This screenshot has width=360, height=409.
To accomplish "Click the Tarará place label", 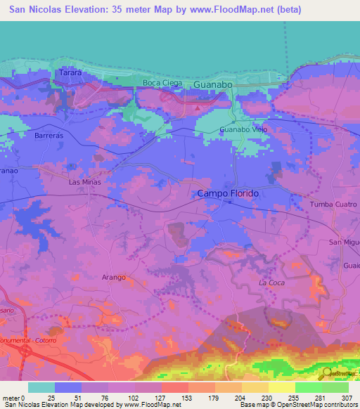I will coord(71,72).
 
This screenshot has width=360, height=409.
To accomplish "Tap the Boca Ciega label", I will coord(162,83).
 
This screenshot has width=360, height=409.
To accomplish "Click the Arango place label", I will coord(113,277).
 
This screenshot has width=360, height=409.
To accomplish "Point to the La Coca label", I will coord(271,283).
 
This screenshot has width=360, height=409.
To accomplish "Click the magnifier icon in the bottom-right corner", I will coord(326,375).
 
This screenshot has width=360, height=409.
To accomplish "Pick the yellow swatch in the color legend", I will coord(281,387).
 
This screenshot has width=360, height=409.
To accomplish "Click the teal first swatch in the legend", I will coord(41,387).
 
